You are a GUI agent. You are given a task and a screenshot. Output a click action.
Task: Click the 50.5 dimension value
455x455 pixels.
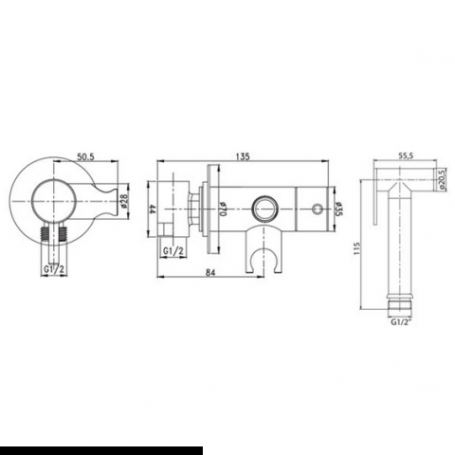86,157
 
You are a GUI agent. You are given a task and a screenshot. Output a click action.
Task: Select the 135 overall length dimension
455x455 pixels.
244,156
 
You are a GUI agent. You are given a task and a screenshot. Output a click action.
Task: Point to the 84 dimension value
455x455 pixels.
210,272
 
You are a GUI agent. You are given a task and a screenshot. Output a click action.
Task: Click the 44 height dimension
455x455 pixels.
153,209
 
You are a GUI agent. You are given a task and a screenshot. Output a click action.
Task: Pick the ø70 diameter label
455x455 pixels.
223,209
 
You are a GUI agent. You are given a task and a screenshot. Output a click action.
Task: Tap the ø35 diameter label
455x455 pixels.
338,209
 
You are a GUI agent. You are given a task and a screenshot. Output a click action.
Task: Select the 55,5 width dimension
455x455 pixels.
406,155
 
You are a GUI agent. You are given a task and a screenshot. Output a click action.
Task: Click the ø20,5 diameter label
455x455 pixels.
443,179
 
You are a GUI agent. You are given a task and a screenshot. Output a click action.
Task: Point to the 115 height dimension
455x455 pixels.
356,249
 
